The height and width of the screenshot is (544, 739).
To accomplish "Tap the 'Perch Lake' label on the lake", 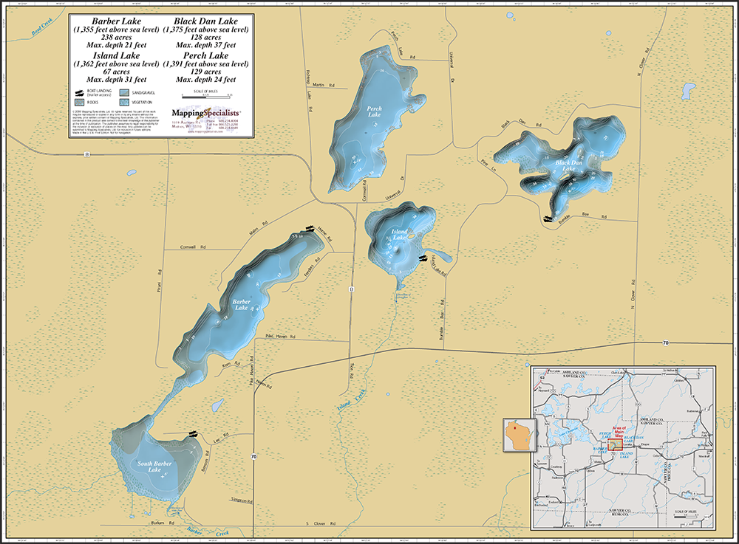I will [x=374, y=111].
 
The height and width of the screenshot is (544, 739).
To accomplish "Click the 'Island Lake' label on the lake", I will [x=398, y=234].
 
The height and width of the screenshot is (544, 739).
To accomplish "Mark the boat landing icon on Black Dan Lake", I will [x=548, y=218].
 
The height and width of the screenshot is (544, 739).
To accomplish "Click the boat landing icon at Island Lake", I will [x=423, y=258].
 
